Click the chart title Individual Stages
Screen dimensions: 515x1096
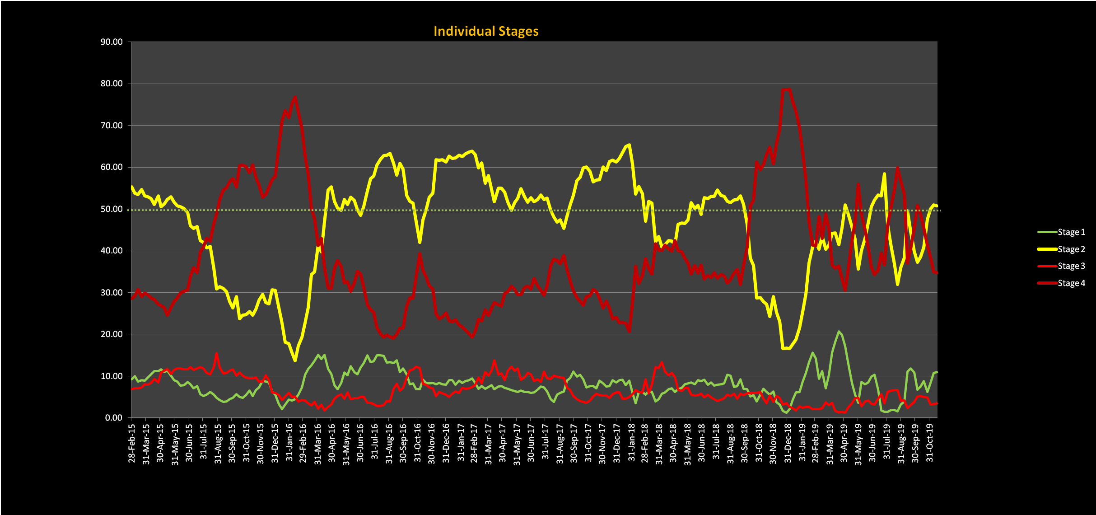(486, 31)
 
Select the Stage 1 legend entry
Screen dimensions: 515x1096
(1071, 232)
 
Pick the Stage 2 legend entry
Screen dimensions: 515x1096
(1071, 249)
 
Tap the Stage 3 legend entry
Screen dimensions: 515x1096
(1071, 266)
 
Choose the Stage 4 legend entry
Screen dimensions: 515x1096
(1071, 283)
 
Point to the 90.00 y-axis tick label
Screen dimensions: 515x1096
(112, 42)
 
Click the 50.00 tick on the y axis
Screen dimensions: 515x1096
(112, 209)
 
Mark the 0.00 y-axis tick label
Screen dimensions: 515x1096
(114, 418)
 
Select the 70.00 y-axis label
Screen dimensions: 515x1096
(112, 126)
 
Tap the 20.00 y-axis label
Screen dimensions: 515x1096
(112, 334)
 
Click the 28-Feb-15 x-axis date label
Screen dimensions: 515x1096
(132, 443)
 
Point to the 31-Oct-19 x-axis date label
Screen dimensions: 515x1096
(930, 443)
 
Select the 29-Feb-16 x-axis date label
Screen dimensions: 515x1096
(303, 443)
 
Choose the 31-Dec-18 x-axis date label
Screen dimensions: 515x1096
(788, 443)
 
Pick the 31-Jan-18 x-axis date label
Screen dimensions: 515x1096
(631, 443)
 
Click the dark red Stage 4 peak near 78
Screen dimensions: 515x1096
(786, 89)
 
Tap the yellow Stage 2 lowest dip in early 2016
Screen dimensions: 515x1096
(295, 360)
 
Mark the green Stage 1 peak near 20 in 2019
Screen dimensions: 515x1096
(839, 332)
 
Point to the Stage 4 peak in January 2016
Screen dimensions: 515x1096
(295, 97)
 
